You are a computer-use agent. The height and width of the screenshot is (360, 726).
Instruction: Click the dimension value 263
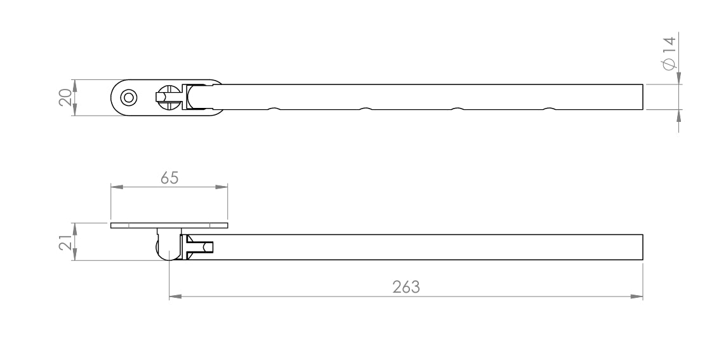click(406, 287)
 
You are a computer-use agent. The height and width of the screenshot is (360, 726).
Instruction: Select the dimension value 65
click(169, 178)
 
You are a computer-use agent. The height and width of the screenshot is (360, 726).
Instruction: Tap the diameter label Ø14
click(670, 53)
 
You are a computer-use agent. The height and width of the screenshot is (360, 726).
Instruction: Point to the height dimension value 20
click(66, 97)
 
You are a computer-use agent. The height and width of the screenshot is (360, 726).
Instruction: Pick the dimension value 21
click(65, 242)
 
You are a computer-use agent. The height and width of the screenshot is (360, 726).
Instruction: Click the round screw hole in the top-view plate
click(129, 98)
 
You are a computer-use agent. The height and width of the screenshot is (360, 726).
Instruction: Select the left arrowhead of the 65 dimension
click(117, 187)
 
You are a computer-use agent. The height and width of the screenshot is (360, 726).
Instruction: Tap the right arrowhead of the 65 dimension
click(221, 187)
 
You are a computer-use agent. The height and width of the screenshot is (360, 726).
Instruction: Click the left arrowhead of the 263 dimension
click(176, 297)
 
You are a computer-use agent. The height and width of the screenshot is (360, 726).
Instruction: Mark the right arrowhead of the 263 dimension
click(637, 297)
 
